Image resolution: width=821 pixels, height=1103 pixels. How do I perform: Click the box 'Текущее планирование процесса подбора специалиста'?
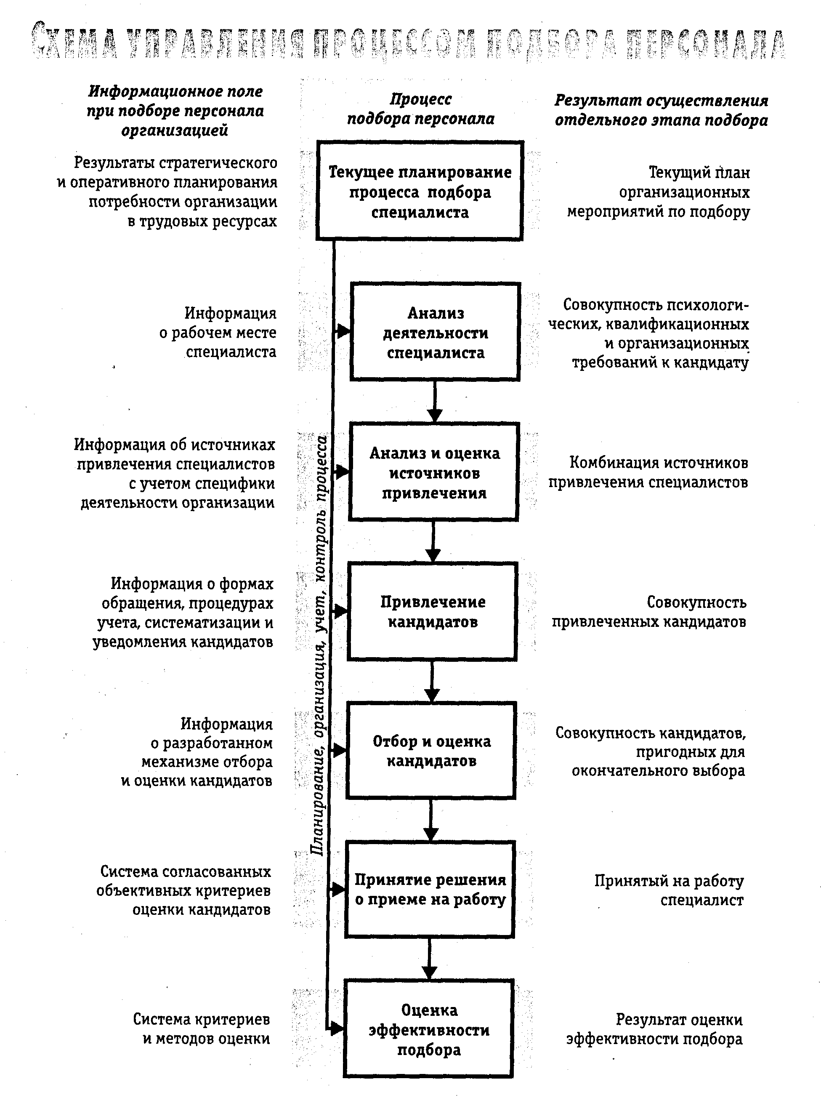(x=420, y=192)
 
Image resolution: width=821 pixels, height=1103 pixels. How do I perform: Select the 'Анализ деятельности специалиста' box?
(x=436, y=332)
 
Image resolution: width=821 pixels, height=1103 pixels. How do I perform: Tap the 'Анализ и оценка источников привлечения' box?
(x=434, y=472)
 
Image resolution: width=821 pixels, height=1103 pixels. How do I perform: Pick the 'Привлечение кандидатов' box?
(x=432, y=611)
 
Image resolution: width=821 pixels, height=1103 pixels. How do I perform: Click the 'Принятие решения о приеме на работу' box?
(x=430, y=890)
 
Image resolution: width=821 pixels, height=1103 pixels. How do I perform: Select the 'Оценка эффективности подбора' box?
(x=428, y=1029)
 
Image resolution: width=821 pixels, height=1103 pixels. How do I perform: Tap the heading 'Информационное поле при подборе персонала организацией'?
(x=175, y=110)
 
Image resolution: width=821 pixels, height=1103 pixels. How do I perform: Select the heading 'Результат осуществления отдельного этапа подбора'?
(x=661, y=110)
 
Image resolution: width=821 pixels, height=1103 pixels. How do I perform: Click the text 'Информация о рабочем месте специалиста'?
(x=219, y=332)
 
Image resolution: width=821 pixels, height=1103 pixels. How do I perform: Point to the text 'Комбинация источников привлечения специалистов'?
(x=648, y=472)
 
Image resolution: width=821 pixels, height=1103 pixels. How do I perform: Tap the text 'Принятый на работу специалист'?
(x=669, y=890)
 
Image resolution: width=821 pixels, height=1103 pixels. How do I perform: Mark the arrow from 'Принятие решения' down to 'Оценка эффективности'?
(x=429, y=959)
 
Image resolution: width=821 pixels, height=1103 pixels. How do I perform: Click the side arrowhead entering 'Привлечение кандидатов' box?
(x=340, y=611)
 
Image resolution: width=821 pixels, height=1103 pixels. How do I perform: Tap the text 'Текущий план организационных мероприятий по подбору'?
(x=659, y=192)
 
